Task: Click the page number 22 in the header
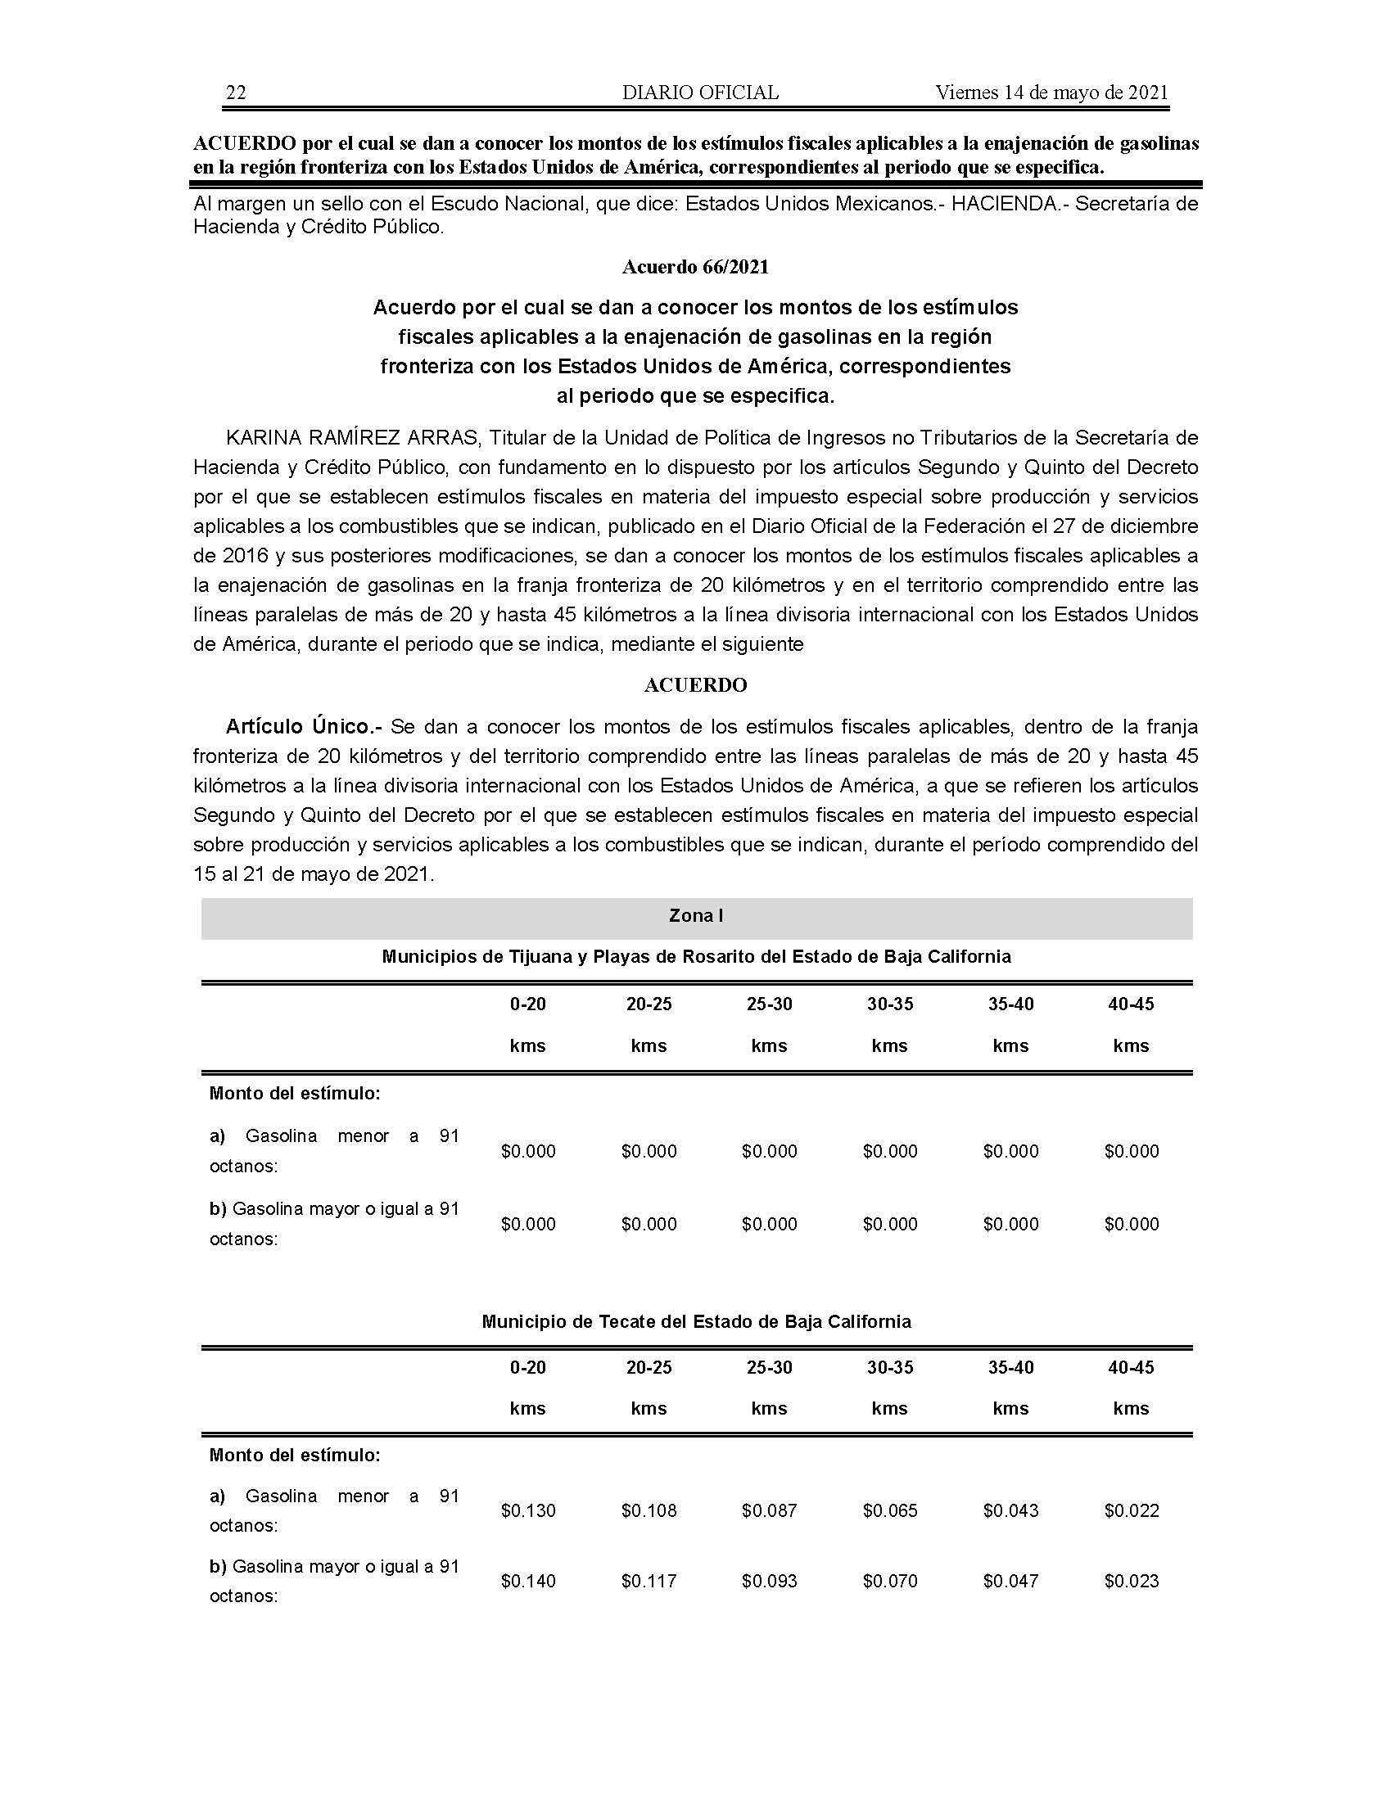coord(236,93)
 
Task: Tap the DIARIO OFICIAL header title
coord(699,93)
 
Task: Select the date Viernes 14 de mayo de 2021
coord(1051,93)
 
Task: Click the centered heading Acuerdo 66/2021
coord(695,267)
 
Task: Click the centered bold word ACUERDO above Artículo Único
coord(695,685)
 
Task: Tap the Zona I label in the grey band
coord(696,916)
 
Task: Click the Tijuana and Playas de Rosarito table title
coord(696,956)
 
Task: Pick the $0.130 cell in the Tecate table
coord(528,1510)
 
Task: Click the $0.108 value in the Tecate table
coord(649,1510)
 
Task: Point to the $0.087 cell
coord(770,1510)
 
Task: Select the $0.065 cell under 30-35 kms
coord(890,1510)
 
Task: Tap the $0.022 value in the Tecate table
coord(1132,1510)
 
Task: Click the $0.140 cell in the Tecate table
coord(528,1581)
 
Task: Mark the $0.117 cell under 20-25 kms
coord(649,1581)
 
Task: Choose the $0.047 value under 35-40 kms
coord(1011,1581)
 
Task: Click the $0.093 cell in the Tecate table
coord(770,1581)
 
